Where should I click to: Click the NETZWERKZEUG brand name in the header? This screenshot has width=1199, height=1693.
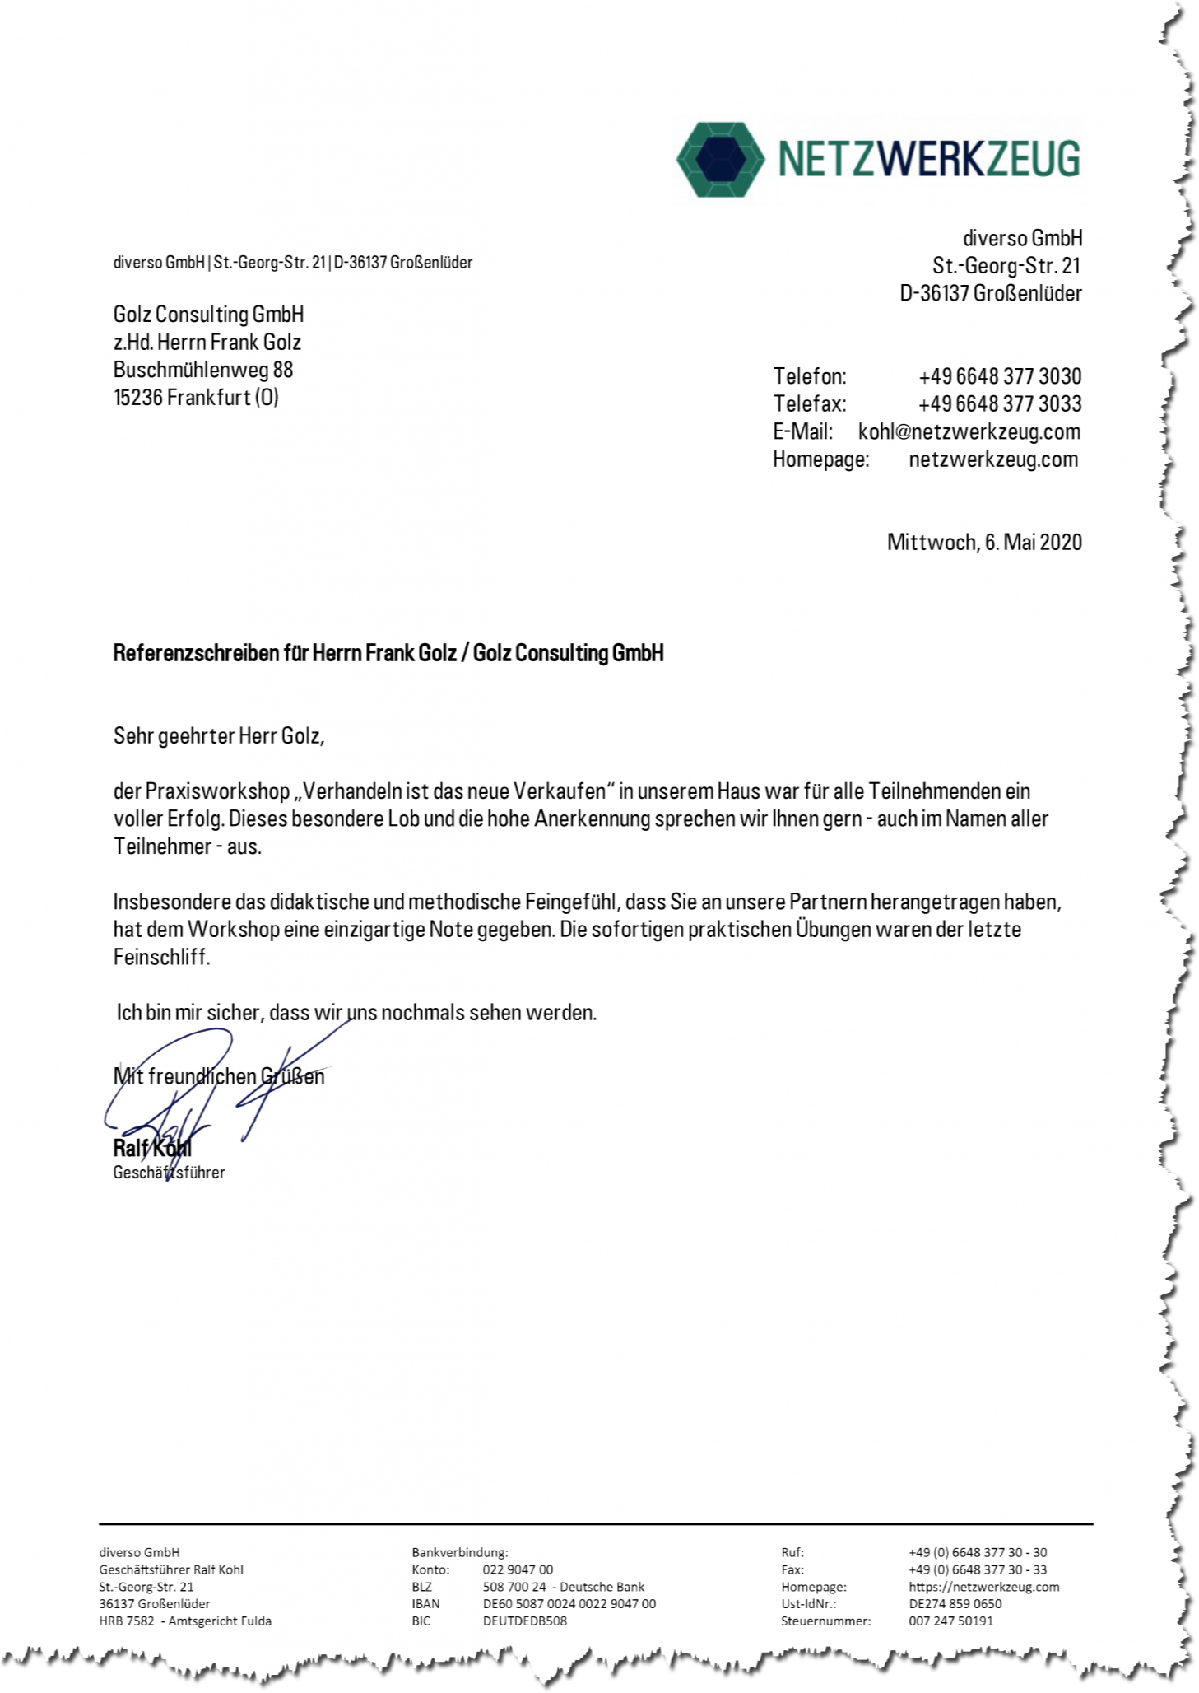coord(928,159)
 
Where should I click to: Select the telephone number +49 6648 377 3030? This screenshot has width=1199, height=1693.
coord(999,376)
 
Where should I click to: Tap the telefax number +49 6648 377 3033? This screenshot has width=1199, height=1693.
coord(999,404)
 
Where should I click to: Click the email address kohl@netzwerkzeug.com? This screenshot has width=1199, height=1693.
coord(969,432)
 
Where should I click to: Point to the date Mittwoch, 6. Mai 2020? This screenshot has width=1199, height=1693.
coord(984,542)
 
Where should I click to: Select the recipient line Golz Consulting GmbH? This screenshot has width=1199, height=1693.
coord(208,315)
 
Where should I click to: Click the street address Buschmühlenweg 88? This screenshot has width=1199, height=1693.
coord(203,370)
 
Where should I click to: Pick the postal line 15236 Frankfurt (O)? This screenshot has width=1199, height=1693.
coord(196,398)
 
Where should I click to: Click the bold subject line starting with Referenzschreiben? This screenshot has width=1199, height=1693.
coord(388,653)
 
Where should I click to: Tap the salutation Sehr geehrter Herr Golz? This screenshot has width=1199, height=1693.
coord(218,735)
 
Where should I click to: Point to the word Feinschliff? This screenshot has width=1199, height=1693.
coord(161,957)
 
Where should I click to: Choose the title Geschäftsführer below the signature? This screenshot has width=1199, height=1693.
coord(169,1172)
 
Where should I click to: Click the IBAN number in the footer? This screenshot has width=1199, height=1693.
coord(569,1603)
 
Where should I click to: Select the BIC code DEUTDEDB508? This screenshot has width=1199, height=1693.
coord(524,1621)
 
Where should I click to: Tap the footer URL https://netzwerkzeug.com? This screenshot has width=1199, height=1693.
coord(983,1586)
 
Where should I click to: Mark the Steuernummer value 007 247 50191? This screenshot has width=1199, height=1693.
coord(950,1621)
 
